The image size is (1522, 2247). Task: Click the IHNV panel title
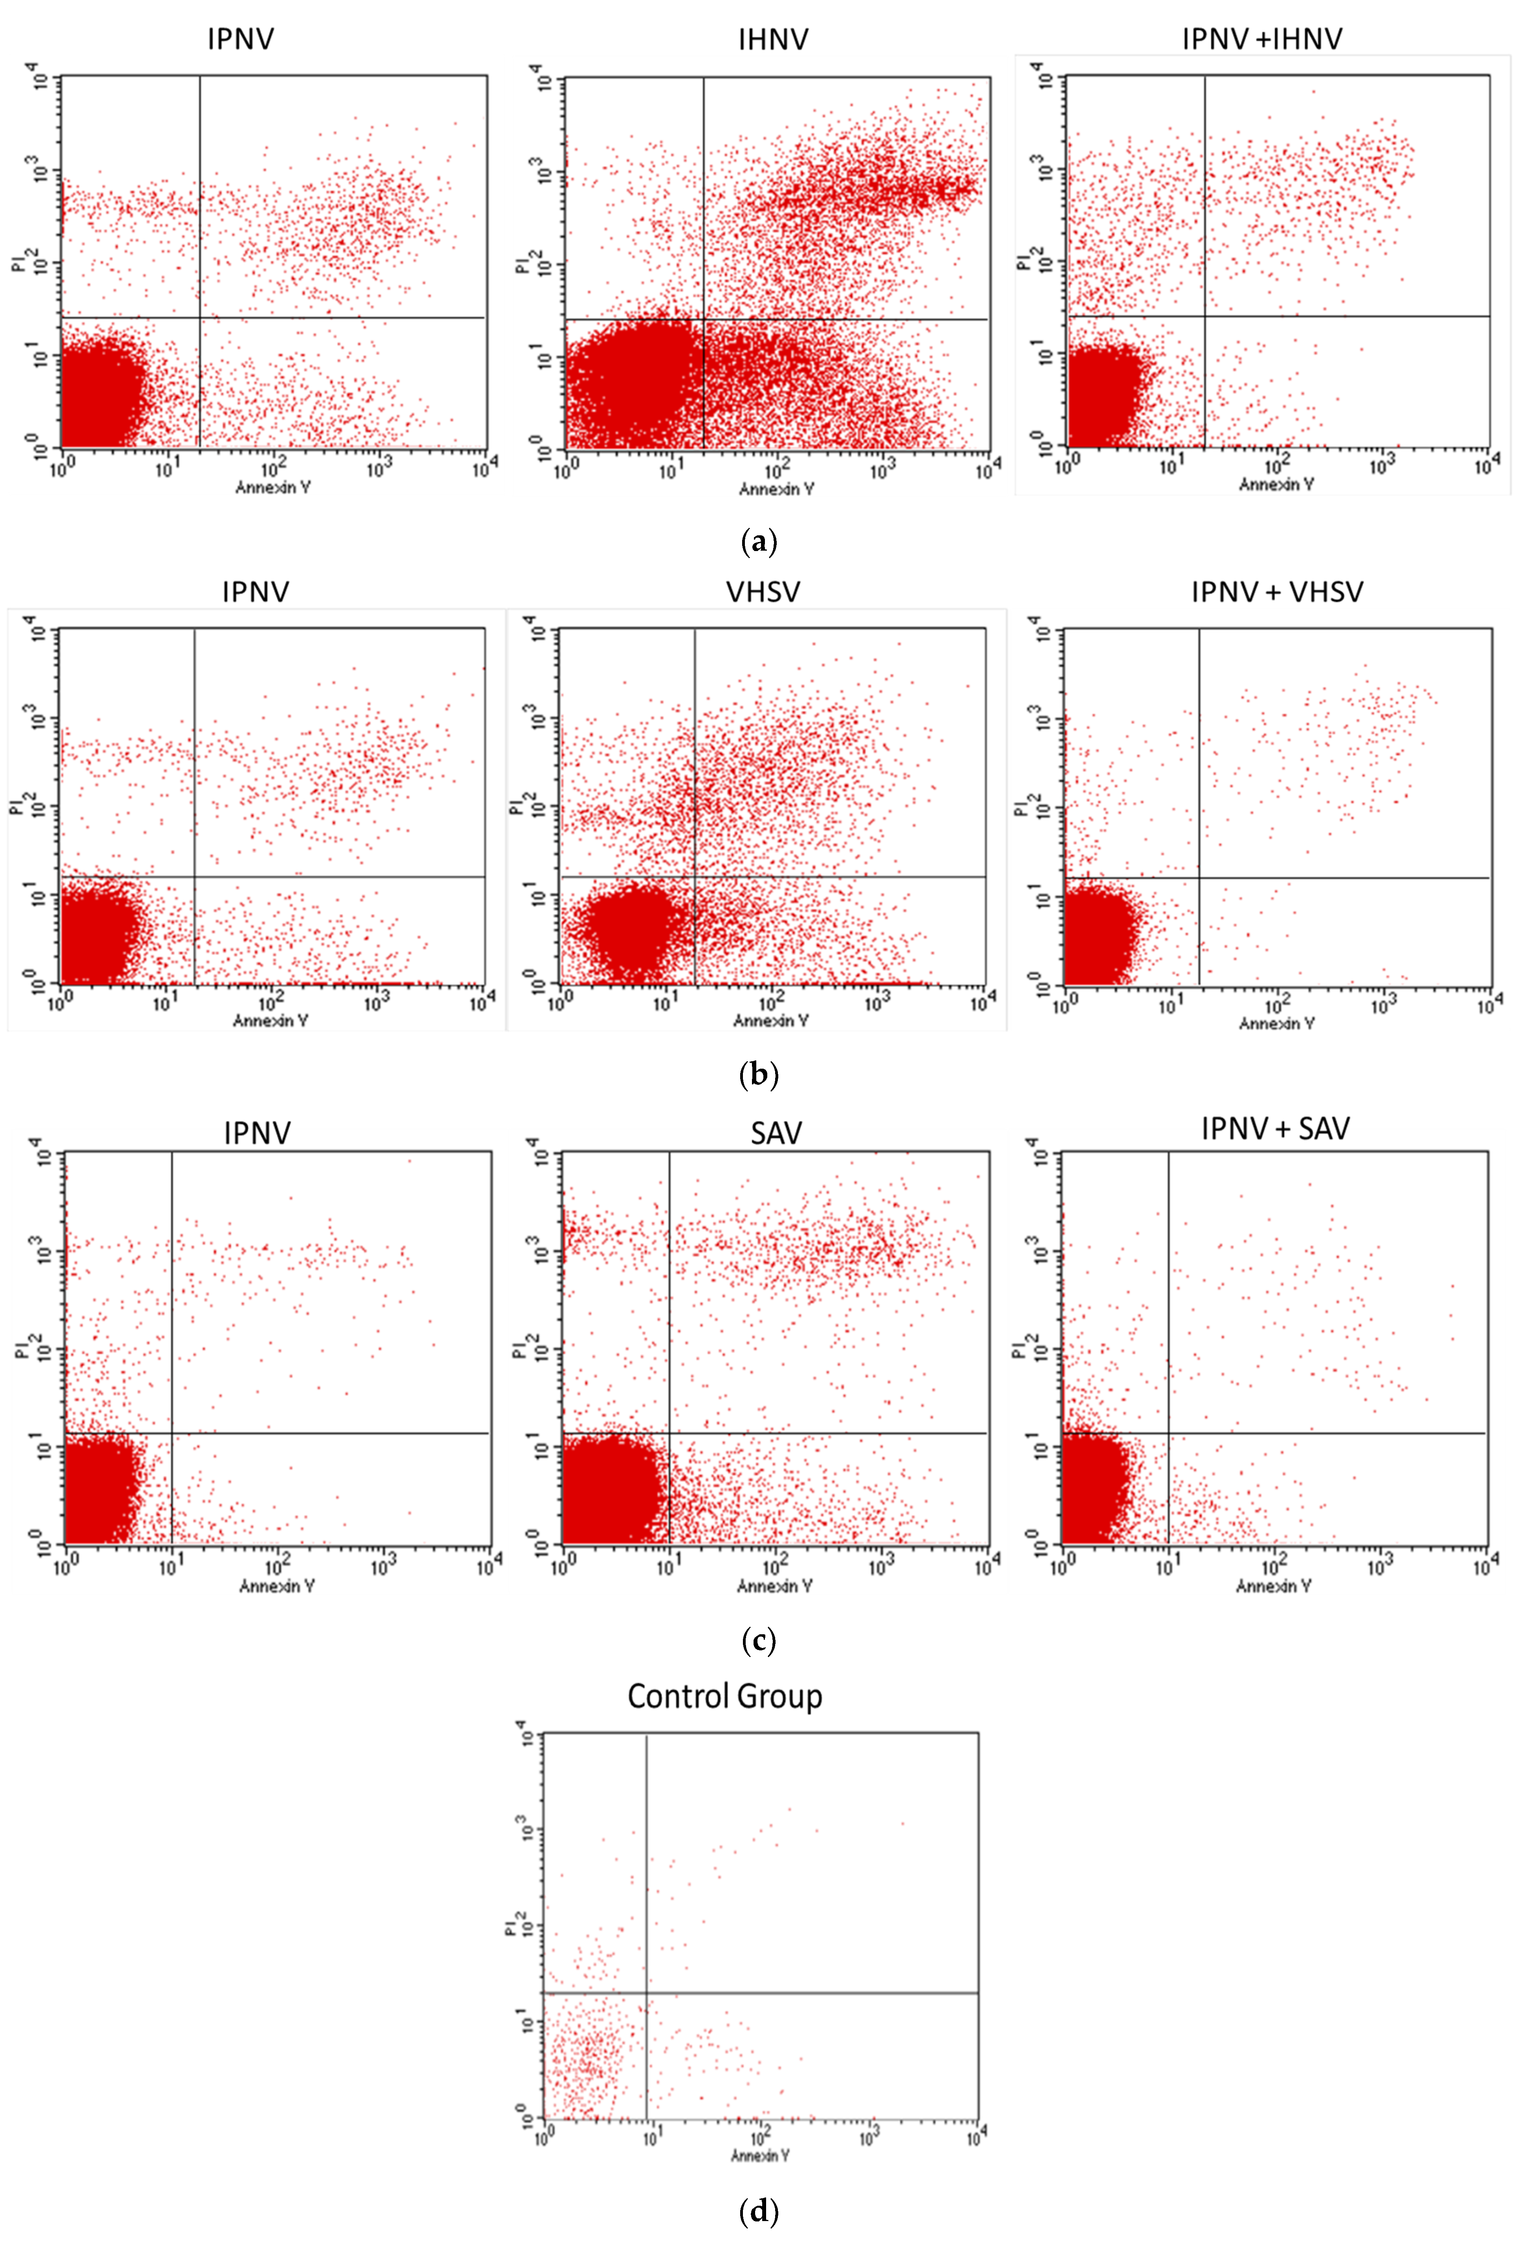[x=773, y=40]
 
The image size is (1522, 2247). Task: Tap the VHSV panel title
[x=763, y=592]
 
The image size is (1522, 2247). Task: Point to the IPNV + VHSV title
[x=1276, y=592]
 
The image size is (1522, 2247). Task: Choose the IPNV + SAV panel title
[x=1274, y=1128]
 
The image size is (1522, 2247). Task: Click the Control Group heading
[x=724, y=1696]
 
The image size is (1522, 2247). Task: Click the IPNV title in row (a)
[x=241, y=40]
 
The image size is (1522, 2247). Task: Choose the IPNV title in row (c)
[x=257, y=1132]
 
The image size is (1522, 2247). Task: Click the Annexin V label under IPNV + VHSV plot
[x=1276, y=1023]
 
